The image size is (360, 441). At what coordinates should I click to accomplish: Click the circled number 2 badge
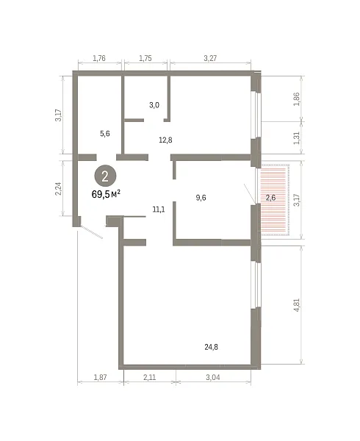point(105,176)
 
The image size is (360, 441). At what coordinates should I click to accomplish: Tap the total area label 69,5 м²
point(107,194)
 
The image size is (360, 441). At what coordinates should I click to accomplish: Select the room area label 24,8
point(211,347)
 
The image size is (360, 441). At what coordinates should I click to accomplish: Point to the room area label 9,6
point(201,198)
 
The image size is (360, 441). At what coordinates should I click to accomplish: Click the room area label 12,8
point(165,140)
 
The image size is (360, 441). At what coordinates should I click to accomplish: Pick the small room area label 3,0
point(154,105)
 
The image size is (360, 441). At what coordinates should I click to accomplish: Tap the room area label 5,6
point(105,134)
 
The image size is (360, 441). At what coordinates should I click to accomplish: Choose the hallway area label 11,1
point(159,209)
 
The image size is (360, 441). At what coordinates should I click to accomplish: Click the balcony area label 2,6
point(270,198)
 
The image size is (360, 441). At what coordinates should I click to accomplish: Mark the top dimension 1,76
point(99,58)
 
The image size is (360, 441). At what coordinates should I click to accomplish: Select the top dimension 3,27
point(210,58)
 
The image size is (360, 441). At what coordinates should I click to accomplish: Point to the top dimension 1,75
point(145,58)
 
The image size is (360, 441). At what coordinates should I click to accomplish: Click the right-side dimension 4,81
point(297,305)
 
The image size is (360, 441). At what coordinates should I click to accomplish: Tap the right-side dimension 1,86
point(297,99)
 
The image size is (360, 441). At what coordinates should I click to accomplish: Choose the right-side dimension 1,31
point(297,138)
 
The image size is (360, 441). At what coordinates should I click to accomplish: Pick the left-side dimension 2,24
point(58,189)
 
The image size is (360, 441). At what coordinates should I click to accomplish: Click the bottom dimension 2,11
point(149,377)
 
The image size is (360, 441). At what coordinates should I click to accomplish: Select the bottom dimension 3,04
point(213,377)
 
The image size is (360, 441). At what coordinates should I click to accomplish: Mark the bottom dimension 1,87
point(100,377)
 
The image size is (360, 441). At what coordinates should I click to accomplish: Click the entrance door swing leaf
point(91,232)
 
